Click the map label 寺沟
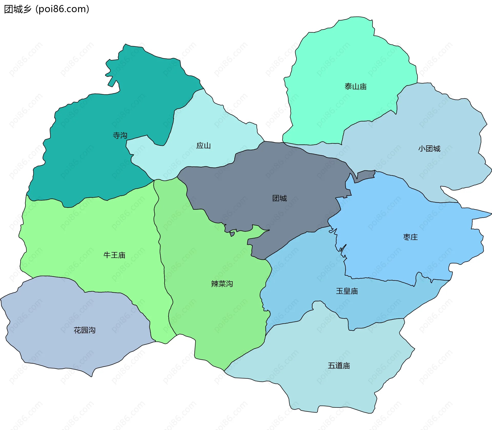coord(120,135)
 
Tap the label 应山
coord(203,146)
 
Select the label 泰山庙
coord(355,87)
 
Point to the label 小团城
coord(429,149)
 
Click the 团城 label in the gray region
coord(280,198)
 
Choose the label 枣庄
coord(411,237)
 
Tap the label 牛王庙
coord(114,255)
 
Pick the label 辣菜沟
coord(222,284)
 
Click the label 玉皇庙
coord(347,291)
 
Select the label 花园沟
coord(85,330)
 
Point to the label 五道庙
coord(339,366)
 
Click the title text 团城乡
coord(18,9)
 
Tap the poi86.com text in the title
coord(62,9)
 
